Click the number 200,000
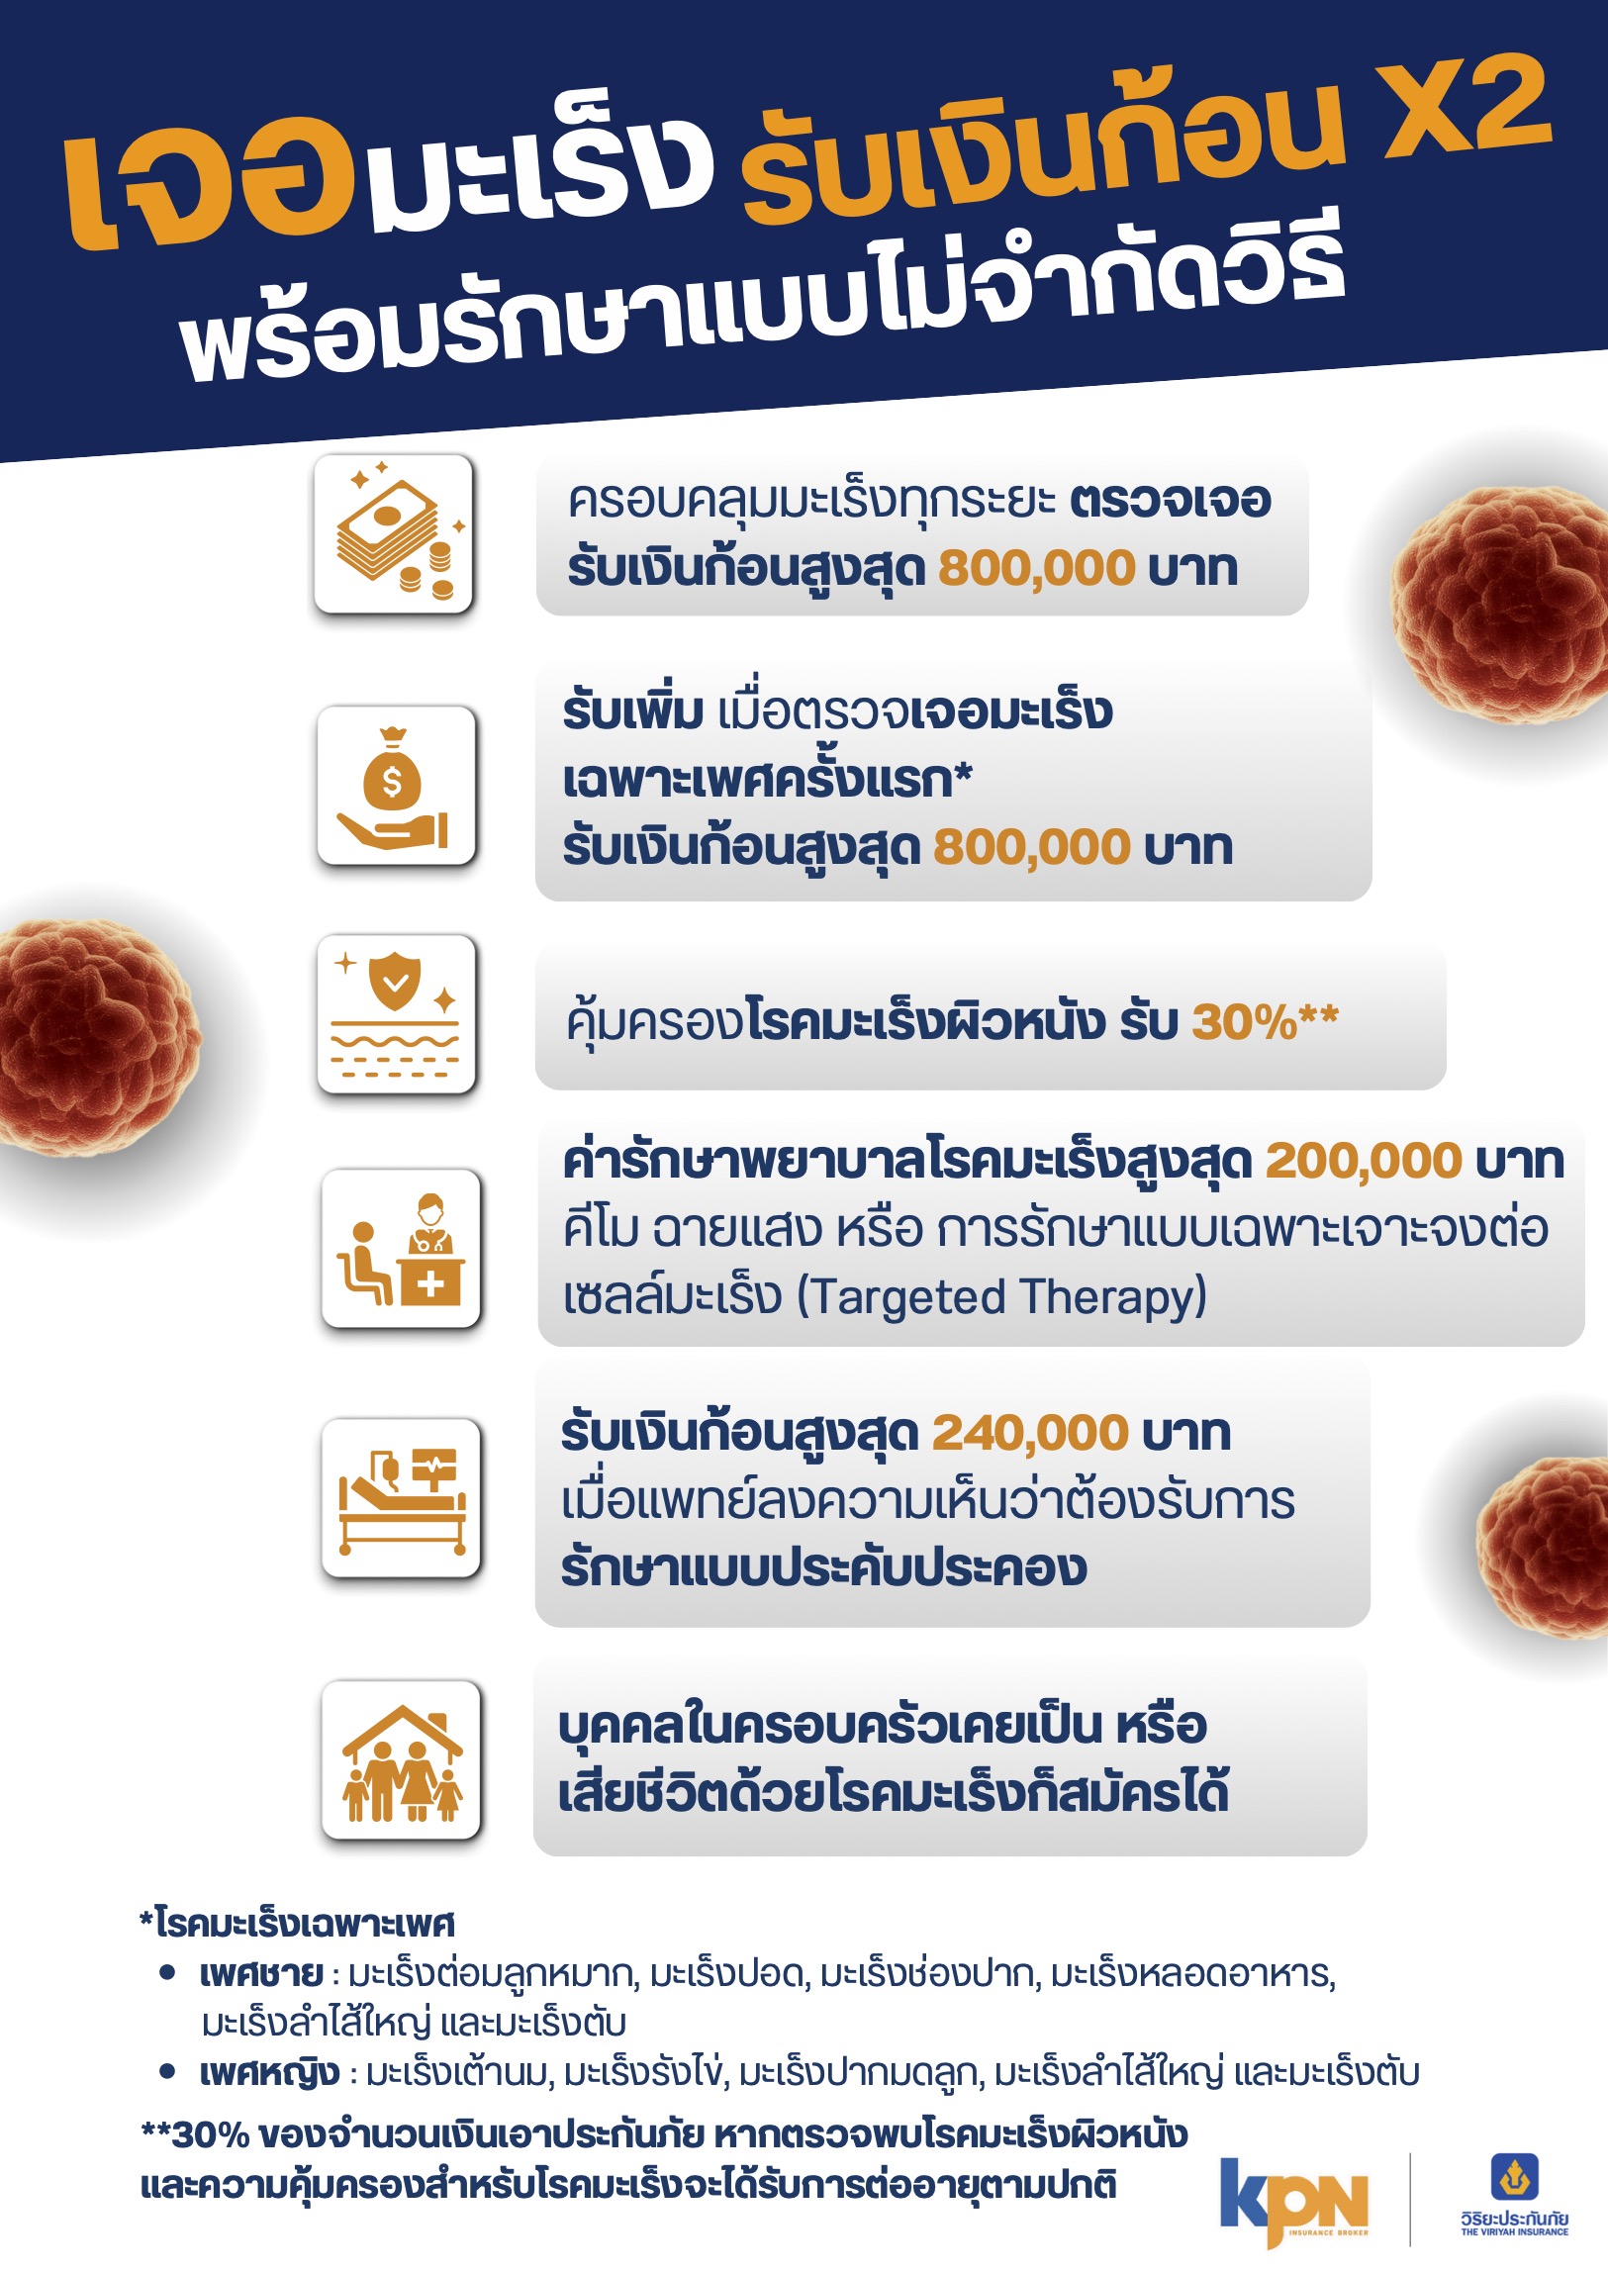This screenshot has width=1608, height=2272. pyautogui.click(x=1364, y=1162)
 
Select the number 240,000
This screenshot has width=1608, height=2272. pyautogui.click(x=1030, y=1433)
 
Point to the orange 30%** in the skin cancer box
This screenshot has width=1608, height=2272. pyautogui.click(x=1265, y=1020)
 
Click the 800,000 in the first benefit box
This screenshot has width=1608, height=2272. pyautogui.click(x=1037, y=568)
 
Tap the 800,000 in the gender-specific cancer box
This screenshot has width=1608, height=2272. pyautogui.click(x=1032, y=846)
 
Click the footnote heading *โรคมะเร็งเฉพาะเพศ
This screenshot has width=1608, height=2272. pyautogui.click(x=297, y=1924)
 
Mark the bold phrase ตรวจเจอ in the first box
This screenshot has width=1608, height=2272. pyautogui.click(x=1171, y=500)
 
